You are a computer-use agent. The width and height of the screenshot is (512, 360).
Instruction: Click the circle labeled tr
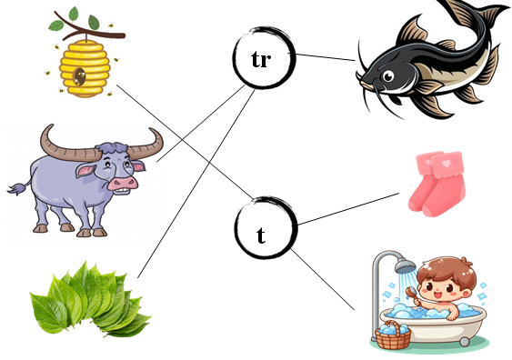tap(262, 60)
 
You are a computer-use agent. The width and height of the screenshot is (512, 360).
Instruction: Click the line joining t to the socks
tap(350, 208)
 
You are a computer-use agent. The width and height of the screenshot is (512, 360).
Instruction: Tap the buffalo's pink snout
tap(122, 181)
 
